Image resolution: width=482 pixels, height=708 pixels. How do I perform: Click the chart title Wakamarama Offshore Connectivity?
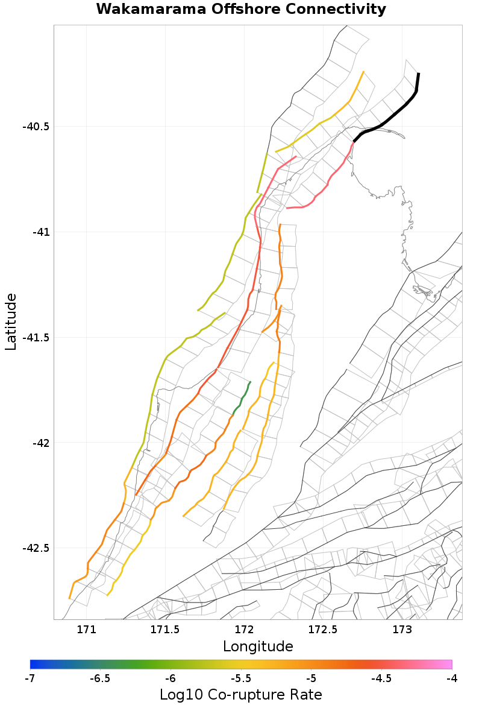coord(241,10)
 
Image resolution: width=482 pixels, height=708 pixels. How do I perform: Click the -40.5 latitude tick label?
coord(36,127)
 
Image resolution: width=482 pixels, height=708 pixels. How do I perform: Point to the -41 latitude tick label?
coord(40,232)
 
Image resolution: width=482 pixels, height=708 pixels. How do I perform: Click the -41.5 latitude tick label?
coord(36,338)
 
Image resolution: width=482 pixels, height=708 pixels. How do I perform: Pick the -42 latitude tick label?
coord(40,443)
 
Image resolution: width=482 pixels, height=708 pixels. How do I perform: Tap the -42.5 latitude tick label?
coord(36,549)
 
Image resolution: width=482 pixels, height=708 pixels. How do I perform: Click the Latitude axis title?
coord(11,322)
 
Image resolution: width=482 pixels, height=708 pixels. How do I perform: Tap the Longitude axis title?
coord(258,647)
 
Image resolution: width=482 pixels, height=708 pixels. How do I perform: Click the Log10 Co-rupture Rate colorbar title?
coord(241,694)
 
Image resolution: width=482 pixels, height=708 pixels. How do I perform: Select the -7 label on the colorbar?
coord(30,678)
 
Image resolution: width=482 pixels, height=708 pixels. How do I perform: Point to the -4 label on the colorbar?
coord(451,678)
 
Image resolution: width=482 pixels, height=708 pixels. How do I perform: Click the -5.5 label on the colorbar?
coord(241,678)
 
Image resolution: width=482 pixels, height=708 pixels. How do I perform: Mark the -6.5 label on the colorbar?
coord(100,678)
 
